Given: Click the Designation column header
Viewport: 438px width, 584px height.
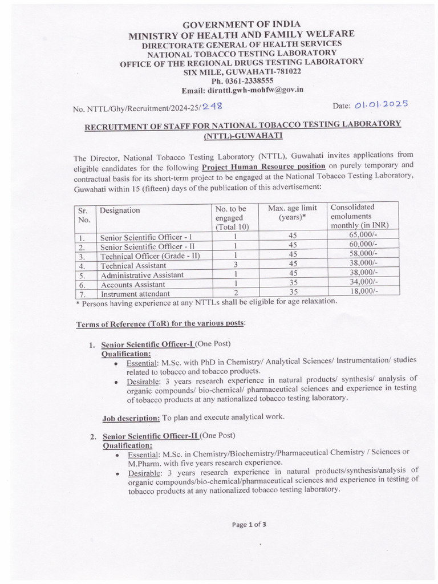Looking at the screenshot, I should pyautogui.click(x=120, y=210).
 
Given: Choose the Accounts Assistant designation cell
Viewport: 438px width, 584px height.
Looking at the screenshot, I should pyautogui.click(x=133, y=284).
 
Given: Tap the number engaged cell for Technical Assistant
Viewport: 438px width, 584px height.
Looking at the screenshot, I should pyautogui.click(x=234, y=265).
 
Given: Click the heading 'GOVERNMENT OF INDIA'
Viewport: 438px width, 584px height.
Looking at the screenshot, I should pyautogui.click(x=242, y=25).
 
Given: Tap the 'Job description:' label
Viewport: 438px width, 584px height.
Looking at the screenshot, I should pyautogui.click(x=131, y=418).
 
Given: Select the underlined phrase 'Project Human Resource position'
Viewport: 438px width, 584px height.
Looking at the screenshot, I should pyautogui.click(x=263, y=167).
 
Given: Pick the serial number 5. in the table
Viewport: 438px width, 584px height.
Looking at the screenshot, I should pyautogui.click(x=83, y=275).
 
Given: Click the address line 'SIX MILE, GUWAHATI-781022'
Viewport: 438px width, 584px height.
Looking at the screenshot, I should pyautogui.click(x=242, y=72).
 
